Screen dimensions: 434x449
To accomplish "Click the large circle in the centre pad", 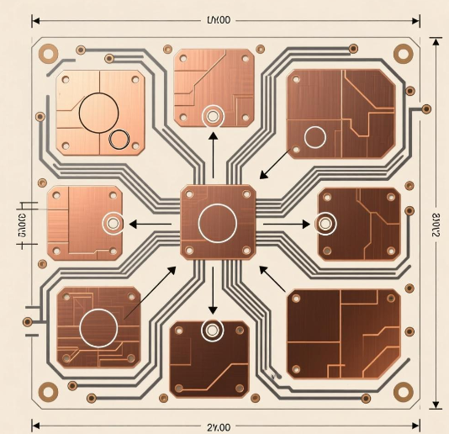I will (x=218, y=224).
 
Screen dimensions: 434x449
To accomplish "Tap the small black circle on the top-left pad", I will (x=119, y=140).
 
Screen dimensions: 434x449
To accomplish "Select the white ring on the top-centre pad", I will (x=212, y=114).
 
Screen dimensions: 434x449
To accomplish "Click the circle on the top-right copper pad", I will (x=315, y=136).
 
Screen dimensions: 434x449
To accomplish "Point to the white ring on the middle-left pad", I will (x=111, y=224).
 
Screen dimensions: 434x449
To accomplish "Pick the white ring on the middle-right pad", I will (x=325, y=225).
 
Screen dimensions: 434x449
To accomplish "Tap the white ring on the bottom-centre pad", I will (x=212, y=331).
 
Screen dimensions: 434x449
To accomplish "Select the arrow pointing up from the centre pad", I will (x=213, y=155).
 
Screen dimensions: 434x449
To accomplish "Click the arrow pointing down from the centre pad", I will (x=213, y=291).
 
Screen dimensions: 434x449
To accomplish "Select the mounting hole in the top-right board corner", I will (x=404, y=53).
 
